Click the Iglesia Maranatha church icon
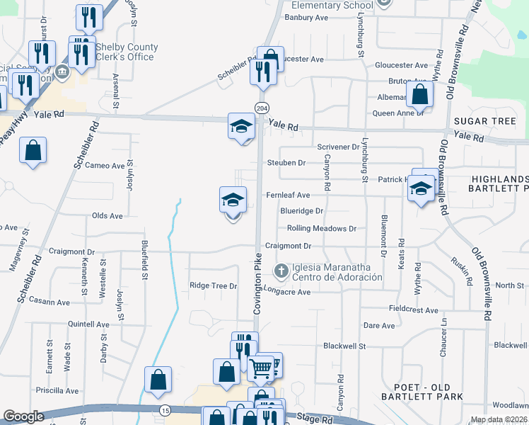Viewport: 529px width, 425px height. pyautogui.click(x=281, y=271)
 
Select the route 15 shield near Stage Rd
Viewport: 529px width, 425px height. pyautogui.click(x=165, y=410)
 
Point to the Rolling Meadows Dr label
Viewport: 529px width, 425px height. pyautogui.click(x=321, y=228)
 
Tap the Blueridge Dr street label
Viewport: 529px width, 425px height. pyautogui.click(x=301, y=211)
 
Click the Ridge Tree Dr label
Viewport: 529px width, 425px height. pyautogui.click(x=213, y=285)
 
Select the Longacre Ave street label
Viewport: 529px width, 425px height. pyautogui.click(x=286, y=291)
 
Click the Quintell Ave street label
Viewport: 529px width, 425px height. pyautogui.click(x=88, y=324)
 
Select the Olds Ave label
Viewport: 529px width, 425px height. pyautogui.click(x=107, y=215)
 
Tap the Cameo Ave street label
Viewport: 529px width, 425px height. pyautogui.click(x=104, y=166)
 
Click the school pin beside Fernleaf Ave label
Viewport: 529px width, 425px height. pyautogui.click(x=233, y=200)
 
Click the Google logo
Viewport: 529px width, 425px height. pyautogui.click(x=23, y=416)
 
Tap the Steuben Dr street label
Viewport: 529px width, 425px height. pyautogui.click(x=286, y=163)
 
